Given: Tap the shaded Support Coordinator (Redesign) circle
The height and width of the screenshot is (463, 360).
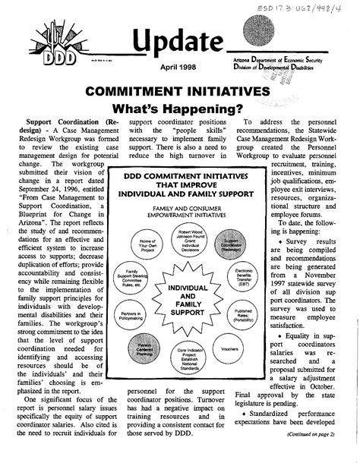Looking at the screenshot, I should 232,247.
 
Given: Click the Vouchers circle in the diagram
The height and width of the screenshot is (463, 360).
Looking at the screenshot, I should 229,351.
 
